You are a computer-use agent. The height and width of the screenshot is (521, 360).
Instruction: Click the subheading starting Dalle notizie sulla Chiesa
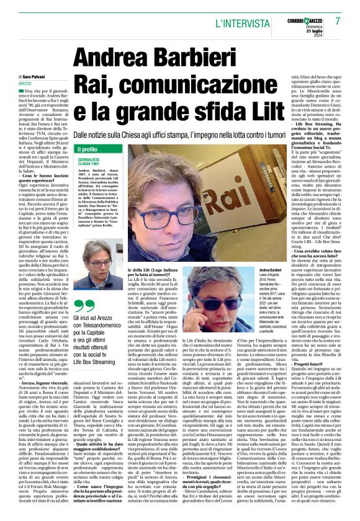205,135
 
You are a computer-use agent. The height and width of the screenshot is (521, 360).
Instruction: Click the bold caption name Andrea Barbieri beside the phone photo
253,271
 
